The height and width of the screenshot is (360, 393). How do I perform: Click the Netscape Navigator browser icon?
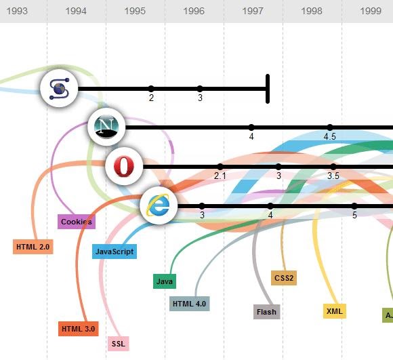(x=107, y=127)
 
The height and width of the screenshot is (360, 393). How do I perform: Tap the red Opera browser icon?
(x=124, y=166)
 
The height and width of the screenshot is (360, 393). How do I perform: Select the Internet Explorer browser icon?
(x=159, y=205)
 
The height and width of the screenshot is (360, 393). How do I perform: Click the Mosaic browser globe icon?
(x=59, y=88)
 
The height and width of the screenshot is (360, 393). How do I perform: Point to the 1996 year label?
(x=194, y=11)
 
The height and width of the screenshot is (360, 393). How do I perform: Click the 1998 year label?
(x=312, y=11)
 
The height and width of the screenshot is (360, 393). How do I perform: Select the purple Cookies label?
(x=76, y=222)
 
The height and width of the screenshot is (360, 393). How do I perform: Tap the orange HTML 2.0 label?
(x=33, y=247)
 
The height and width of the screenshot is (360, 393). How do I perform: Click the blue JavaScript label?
(x=115, y=252)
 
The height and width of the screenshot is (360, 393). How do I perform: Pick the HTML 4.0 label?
(x=189, y=303)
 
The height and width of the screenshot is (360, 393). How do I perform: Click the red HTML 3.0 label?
(x=79, y=329)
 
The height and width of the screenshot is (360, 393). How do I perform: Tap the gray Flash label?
(x=266, y=312)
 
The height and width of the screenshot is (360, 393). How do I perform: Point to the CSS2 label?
(x=284, y=278)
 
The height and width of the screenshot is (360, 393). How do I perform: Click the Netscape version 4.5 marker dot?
(x=330, y=127)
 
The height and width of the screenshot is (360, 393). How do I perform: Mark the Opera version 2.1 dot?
(x=220, y=167)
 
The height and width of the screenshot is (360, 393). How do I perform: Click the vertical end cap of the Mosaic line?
(x=268, y=88)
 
